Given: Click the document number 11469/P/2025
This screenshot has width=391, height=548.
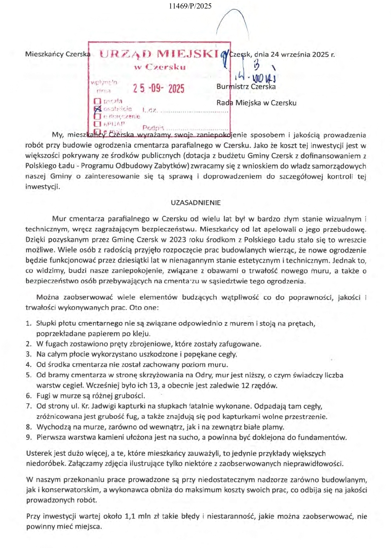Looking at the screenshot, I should pos(190,6).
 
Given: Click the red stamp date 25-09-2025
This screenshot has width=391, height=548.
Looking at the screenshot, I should pos(159,88).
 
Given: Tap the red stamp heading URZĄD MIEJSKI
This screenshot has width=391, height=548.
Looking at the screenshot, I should pos(159,54).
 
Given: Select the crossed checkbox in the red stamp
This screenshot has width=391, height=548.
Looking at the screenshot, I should pos(98,108).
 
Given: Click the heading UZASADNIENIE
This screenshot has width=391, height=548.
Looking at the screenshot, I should pos(196,203).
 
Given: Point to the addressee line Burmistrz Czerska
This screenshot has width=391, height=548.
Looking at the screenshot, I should pos(246,87).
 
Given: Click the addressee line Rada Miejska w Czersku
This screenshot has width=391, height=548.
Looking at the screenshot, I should pos(256,103).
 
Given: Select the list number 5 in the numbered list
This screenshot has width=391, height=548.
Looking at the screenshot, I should pos(29,375).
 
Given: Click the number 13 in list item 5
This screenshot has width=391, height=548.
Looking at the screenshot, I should pos(155,385).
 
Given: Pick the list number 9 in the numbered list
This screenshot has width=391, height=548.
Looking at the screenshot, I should pos(29,437).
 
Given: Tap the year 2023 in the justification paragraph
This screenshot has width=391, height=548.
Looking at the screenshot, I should pos(178,240).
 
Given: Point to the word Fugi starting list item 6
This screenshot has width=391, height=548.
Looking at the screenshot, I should pos(44,396).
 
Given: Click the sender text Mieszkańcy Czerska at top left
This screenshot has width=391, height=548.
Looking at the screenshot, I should pos(58,54).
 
